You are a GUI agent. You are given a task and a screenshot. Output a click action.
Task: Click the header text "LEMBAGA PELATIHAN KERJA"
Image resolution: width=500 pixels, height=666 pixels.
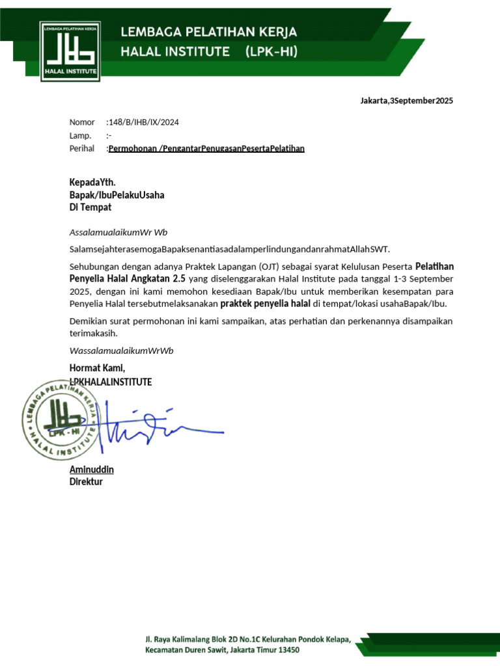pyautogui.click(x=208, y=32)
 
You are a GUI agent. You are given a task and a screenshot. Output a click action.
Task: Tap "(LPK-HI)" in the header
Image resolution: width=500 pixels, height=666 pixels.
pyautogui.click(x=271, y=51)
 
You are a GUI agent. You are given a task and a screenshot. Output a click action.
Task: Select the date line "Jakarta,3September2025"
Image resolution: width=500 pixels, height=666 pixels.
pyautogui.click(x=407, y=101)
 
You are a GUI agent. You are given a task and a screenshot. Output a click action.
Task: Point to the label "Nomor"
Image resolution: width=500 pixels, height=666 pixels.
pyautogui.click(x=82, y=122)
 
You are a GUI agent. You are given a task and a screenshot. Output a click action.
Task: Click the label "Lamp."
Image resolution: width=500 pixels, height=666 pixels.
pyautogui.click(x=80, y=135)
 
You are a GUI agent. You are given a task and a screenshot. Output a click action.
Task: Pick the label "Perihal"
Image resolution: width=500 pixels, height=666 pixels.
pyautogui.click(x=83, y=148)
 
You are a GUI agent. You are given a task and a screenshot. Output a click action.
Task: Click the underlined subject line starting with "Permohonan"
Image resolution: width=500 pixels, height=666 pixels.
pyautogui.click(x=206, y=148)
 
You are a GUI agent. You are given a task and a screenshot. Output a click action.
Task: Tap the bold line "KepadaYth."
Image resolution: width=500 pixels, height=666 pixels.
pyautogui.click(x=92, y=183)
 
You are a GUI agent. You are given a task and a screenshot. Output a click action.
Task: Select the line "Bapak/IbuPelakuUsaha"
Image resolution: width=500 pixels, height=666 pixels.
pyautogui.click(x=117, y=195)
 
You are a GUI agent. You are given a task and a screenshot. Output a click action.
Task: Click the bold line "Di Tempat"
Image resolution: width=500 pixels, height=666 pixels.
pyautogui.click(x=90, y=207)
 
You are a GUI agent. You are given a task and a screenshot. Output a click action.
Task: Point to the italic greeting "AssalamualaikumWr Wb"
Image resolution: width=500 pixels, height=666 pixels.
pyautogui.click(x=118, y=232)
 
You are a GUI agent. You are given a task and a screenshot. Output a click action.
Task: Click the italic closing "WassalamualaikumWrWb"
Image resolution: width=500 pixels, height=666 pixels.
pyautogui.click(x=121, y=351)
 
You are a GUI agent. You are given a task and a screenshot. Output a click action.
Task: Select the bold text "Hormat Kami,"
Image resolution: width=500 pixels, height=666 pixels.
pyautogui.click(x=97, y=369)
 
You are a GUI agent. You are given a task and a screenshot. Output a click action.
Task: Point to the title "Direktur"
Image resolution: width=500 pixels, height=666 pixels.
pyautogui.click(x=86, y=482)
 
